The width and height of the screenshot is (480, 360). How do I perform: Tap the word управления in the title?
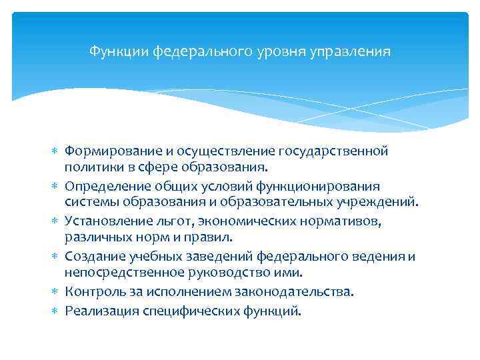pyautogui.click(x=356, y=51)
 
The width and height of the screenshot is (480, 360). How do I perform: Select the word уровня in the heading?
pyautogui.click(x=290, y=51)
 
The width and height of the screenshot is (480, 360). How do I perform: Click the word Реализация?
pyautogui.click(x=101, y=311)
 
